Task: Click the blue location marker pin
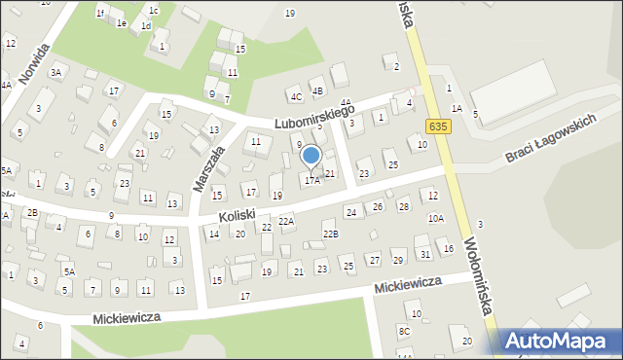(311, 155)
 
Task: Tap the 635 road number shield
(438, 126)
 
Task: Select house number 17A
(311, 180)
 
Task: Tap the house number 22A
(286, 221)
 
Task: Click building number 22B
(331, 234)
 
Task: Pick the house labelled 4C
(295, 96)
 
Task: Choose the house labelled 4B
(316, 91)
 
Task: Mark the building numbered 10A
(435, 219)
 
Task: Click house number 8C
(404, 332)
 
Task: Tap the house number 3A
(56, 72)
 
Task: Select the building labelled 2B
(32, 212)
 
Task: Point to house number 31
(424, 254)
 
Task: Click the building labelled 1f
(100, 13)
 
